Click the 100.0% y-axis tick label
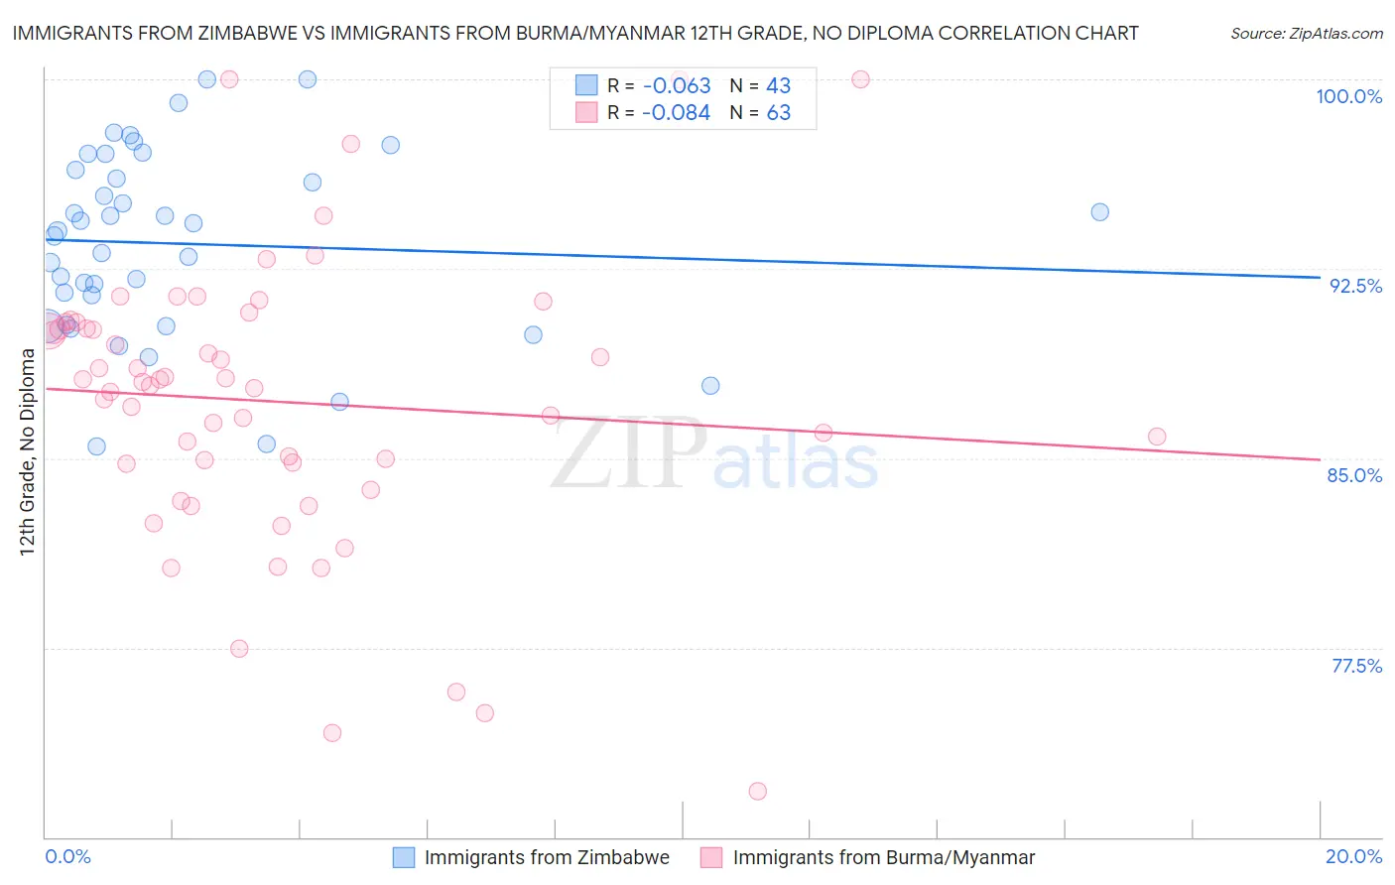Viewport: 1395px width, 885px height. tap(1348, 96)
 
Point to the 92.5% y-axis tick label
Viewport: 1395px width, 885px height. tap(1355, 286)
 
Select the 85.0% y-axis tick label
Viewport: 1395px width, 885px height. tap(1354, 475)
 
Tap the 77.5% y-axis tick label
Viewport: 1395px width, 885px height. tap(1356, 666)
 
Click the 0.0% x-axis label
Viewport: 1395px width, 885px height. tap(67, 856)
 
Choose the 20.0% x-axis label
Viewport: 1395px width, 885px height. tap(1353, 856)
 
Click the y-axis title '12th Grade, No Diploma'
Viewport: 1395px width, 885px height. tap(27, 451)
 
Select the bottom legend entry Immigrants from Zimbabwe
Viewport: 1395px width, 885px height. tap(546, 857)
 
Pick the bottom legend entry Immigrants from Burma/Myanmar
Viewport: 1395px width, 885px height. tap(883, 857)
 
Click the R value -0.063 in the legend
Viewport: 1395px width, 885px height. tap(677, 86)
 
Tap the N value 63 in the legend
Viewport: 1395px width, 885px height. tap(779, 113)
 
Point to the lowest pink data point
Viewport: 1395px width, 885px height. tap(758, 791)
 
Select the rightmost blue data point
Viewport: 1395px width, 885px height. tap(1099, 212)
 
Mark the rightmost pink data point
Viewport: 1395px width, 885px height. tap(1157, 437)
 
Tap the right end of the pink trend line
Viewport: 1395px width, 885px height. tap(1320, 459)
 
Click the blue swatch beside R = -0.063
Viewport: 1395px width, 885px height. tap(586, 85)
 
